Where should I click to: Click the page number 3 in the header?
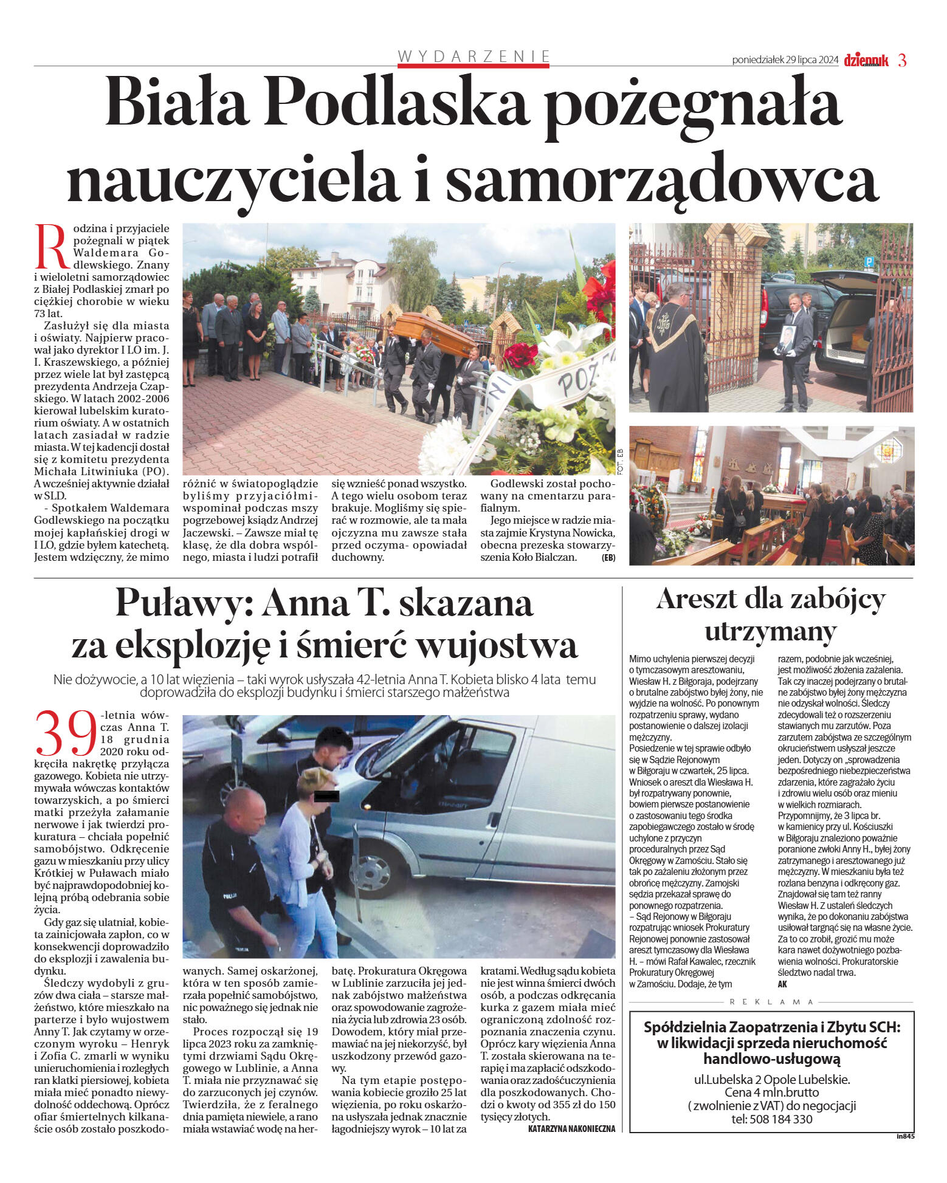[902, 60]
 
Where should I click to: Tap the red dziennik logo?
[866, 60]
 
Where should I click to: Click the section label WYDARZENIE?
[474, 57]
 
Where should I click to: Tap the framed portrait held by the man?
[786, 340]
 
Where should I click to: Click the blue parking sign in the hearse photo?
[869, 262]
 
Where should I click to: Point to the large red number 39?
[67, 733]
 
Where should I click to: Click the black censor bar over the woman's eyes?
[327, 795]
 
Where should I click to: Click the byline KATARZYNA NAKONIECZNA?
[571, 1128]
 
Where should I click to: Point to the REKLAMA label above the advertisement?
[771, 1001]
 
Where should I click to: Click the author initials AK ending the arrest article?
[782, 984]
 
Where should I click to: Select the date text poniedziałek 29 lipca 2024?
[785, 60]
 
